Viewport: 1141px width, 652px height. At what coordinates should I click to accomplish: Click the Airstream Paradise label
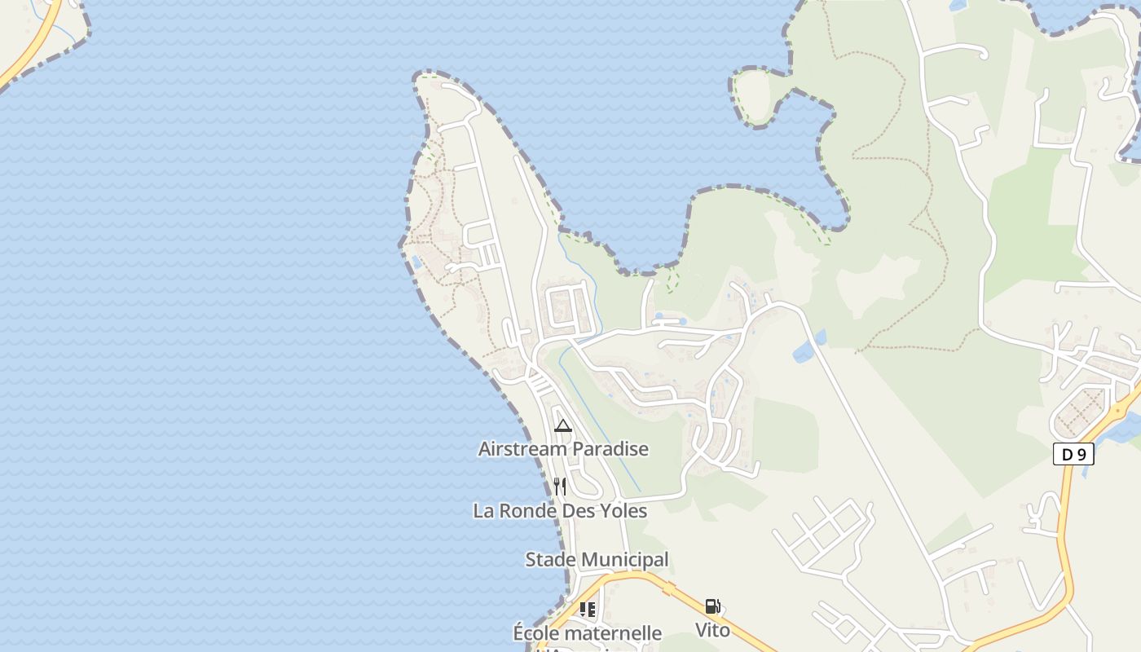pos(563,448)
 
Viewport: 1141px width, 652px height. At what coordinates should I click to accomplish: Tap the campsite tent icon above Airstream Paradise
pos(563,425)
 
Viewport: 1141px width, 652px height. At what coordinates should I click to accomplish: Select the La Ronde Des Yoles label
pos(560,511)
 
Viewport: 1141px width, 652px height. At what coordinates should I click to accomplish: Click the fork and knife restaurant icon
pos(560,487)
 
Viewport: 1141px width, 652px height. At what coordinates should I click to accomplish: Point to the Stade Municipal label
pos(597,560)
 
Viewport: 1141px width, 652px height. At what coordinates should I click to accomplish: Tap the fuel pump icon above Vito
pos(712,606)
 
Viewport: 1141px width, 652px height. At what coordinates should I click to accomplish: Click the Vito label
pos(712,630)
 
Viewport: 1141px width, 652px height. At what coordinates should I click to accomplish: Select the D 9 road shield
pos(1073,454)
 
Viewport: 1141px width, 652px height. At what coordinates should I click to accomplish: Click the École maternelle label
pos(587,633)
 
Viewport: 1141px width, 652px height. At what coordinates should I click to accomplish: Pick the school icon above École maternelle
pos(588,609)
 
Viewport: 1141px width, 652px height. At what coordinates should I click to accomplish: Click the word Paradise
pos(610,448)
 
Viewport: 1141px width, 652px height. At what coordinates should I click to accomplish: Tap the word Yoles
pos(623,511)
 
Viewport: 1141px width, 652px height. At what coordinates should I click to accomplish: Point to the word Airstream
pos(522,448)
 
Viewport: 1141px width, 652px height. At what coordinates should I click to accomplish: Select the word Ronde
pos(526,511)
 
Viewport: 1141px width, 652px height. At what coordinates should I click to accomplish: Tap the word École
pos(535,633)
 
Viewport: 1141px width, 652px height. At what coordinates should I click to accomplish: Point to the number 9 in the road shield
pos(1082,454)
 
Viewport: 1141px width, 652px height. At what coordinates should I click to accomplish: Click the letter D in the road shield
pos(1067,454)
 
